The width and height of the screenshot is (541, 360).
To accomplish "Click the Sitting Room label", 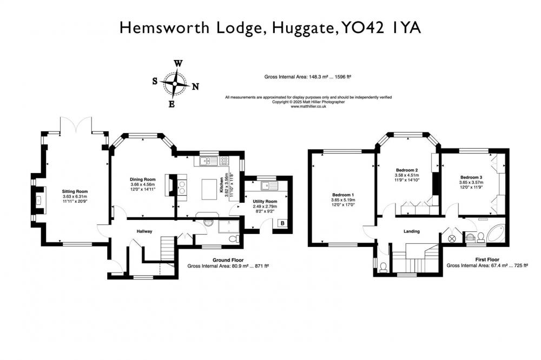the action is point(75,191).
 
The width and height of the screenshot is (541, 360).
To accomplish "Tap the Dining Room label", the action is point(142,179).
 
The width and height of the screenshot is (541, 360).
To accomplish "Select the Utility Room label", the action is point(265,202).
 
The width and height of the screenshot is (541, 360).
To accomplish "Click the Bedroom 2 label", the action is point(407,170).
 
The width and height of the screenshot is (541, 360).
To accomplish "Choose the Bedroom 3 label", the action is point(471,177).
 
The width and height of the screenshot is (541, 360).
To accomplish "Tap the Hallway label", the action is point(144,231).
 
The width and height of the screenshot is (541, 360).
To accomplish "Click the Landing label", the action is point(412,231).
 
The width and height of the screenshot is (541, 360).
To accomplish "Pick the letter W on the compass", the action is point(178,63).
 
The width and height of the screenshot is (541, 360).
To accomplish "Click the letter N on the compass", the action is point(196,86).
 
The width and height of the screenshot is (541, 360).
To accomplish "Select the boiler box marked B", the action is point(282,223).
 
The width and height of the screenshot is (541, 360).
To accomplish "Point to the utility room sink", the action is point(269,186).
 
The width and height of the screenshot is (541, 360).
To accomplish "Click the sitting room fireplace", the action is point(39,200).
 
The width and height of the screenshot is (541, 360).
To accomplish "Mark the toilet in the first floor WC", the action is point(383,267).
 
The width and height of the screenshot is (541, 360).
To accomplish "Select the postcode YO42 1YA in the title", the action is point(381,28).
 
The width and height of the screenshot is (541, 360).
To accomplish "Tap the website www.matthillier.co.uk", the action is point(308,106).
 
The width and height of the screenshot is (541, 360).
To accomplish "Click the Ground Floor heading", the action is point(228,261).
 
